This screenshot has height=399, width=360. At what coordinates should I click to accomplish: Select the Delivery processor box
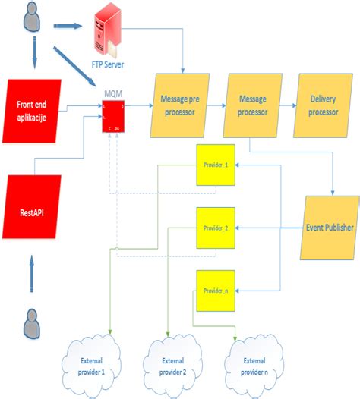(324, 104)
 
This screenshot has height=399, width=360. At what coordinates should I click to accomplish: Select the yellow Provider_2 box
(212, 227)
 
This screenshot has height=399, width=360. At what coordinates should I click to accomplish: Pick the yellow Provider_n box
(212, 290)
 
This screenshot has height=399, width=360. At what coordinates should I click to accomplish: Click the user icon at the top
(31, 16)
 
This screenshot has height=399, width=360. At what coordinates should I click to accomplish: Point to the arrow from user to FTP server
(68, 26)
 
